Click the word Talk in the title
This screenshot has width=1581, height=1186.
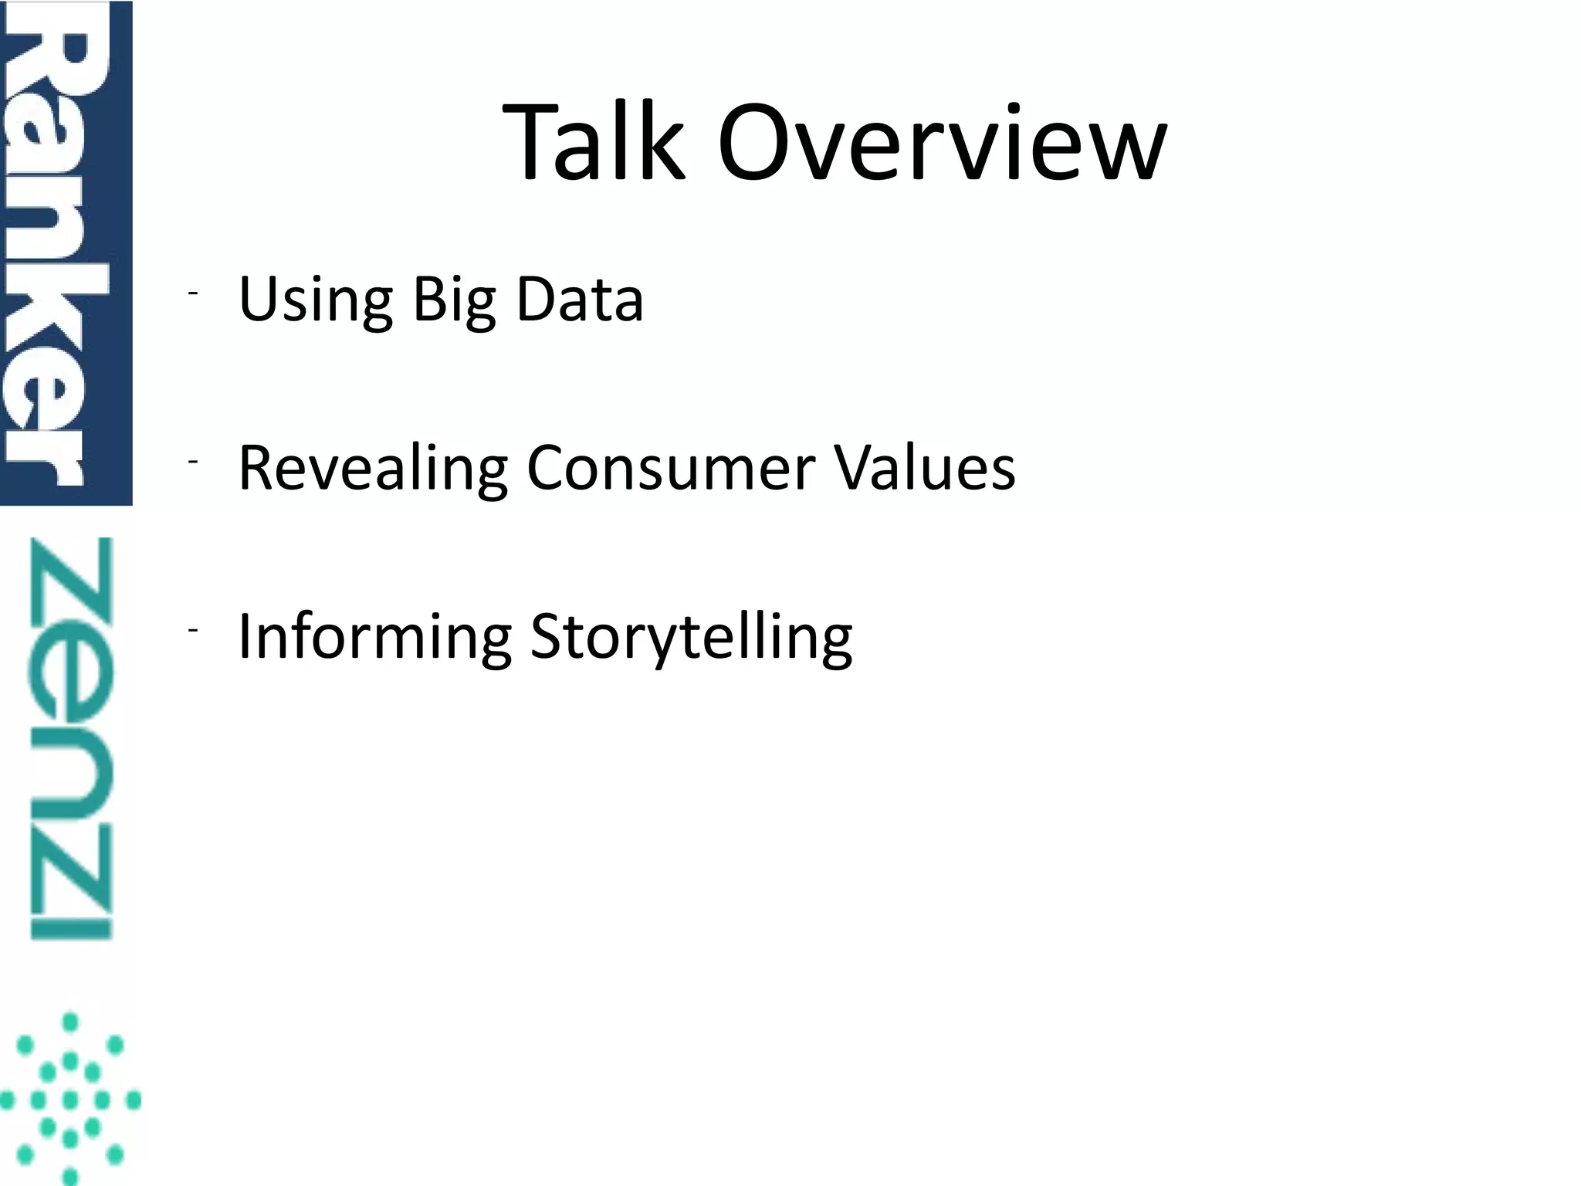[593, 144]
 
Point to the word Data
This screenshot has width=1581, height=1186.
[579, 299]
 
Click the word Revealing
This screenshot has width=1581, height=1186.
[372, 469]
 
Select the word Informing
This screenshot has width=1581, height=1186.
[374, 637]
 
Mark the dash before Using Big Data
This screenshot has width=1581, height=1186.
[192, 293]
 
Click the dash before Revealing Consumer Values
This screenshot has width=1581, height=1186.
[192, 462]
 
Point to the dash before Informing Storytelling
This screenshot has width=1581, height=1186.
[192, 630]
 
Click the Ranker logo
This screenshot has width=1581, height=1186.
[66, 252]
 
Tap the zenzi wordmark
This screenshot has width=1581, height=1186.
[71, 738]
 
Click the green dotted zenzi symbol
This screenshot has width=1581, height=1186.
[70, 1099]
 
